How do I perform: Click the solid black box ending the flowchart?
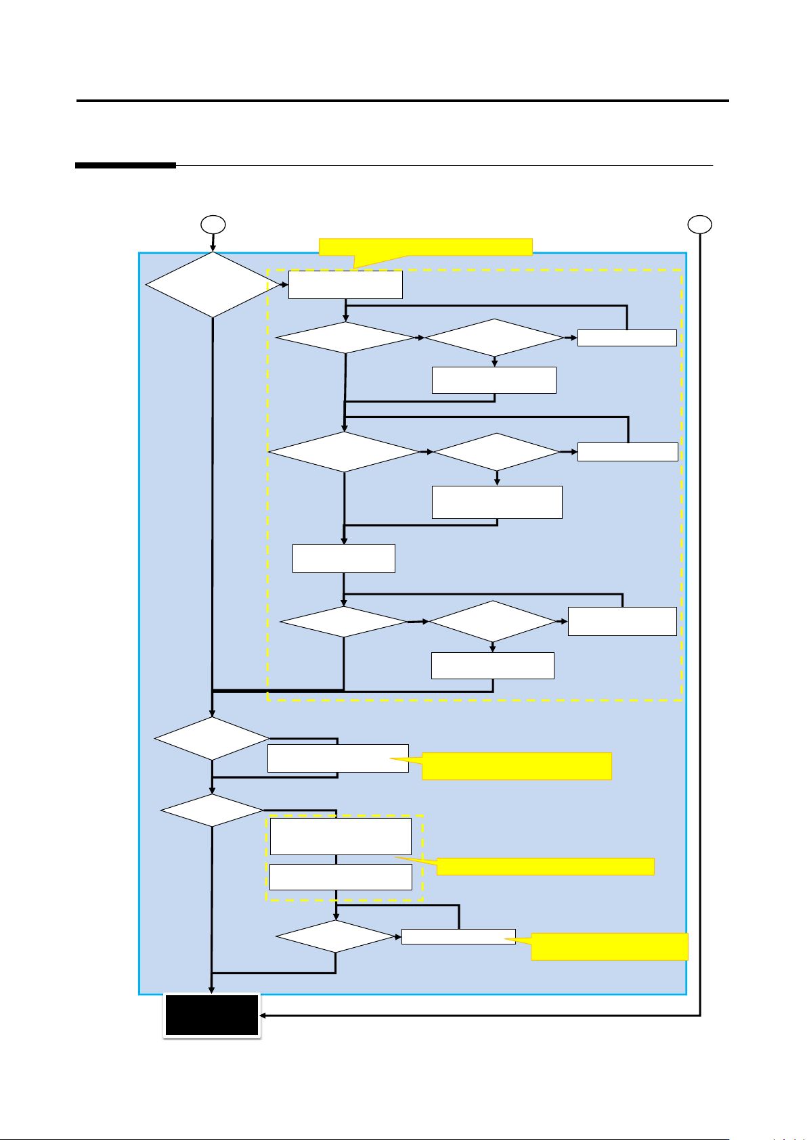[212, 1015]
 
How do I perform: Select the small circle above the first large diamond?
[214, 225]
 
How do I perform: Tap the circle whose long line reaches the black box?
[700, 225]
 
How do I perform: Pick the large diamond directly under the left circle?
[213, 285]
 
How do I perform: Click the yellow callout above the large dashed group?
[425, 247]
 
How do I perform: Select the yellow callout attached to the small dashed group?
[545, 867]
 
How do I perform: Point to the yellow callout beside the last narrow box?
[609, 947]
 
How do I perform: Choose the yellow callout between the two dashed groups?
[517, 766]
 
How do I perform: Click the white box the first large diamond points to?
[345, 285]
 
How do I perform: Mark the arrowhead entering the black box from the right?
[264, 1016]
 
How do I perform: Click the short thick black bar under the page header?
[125, 165]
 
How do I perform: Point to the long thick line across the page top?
[403, 101]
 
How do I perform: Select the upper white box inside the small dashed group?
[341, 836]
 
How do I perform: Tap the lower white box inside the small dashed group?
[341, 877]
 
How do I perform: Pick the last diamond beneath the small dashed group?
[336, 938]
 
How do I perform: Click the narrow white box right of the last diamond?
[458, 937]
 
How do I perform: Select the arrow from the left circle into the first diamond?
[213, 244]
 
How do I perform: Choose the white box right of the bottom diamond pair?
[622, 621]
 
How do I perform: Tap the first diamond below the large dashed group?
[212, 738]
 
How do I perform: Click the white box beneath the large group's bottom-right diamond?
[493, 666]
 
